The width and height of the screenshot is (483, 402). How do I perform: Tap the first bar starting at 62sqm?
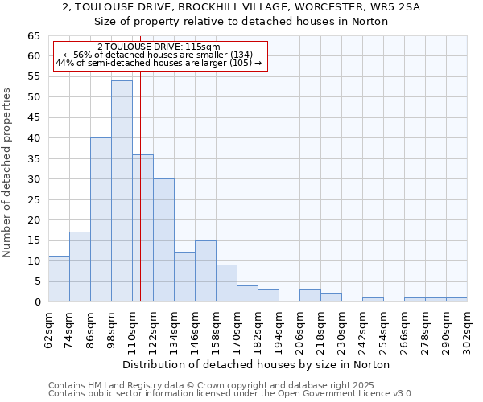click(59, 279)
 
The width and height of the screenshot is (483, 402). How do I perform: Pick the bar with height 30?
click(163, 240)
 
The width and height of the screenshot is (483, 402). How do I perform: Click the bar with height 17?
click(80, 267)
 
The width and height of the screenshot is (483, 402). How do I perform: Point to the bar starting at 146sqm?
click(205, 271)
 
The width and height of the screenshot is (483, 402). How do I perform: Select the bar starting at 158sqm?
click(226, 283)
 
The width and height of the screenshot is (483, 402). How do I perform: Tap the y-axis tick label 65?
click(33, 36)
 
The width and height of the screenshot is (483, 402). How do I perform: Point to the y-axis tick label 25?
click(33, 199)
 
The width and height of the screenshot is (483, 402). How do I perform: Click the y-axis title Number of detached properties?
click(8, 173)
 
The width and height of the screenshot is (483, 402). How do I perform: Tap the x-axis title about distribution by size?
click(258, 364)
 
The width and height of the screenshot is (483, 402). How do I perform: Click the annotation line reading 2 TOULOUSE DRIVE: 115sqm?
click(158, 47)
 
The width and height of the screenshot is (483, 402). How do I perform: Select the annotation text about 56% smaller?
click(158, 55)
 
